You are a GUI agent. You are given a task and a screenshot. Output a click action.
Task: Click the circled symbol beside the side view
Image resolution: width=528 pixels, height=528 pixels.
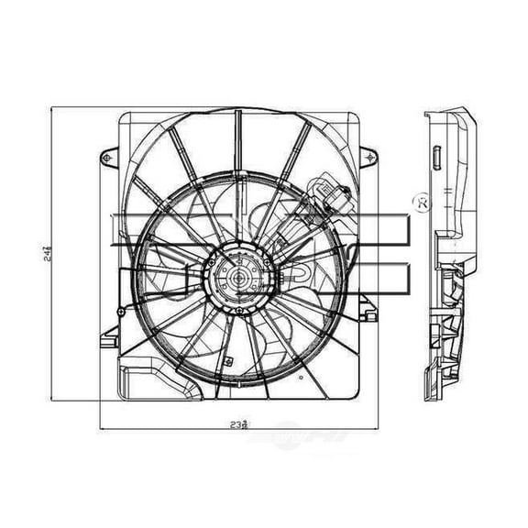tap(423, 199)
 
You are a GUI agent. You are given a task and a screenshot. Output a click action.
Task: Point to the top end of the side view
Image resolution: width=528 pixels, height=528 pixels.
tap(449, 112)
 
